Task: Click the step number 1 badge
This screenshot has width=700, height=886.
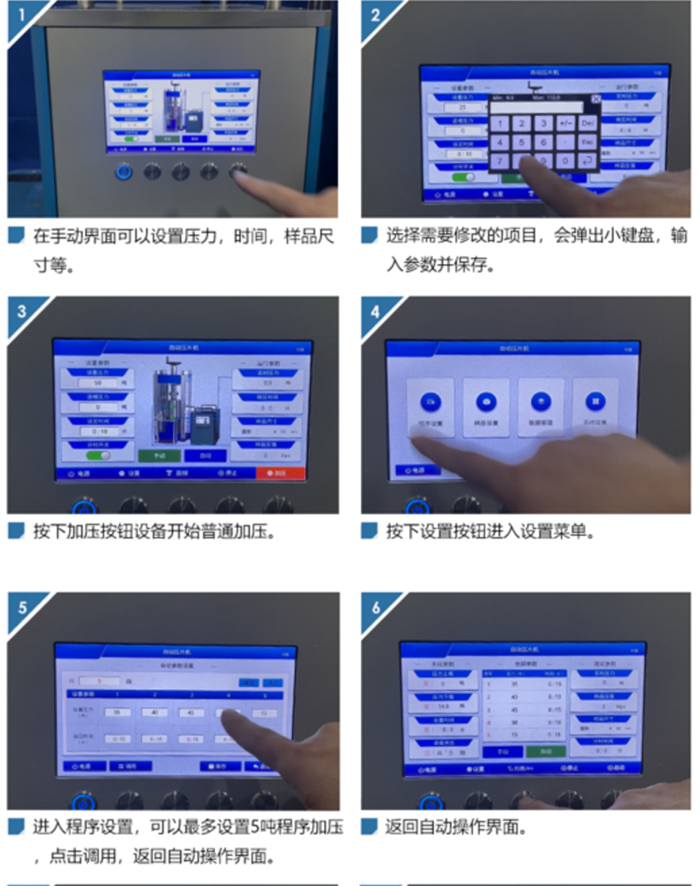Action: pyautogui.click(x=19, y=15)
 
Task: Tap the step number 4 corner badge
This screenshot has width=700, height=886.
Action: pyautogui.click(x=376, y=311)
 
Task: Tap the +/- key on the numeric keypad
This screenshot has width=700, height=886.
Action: pyautogui.click(x=565, y=123)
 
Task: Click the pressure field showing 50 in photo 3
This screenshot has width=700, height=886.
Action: pyautogui.click(x=97, y=383)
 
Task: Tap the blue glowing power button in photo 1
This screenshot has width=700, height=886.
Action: pyautogui.click(x=124, y=171)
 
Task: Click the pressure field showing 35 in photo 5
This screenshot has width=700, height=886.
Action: pyautogui.click(x=116, y=711)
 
